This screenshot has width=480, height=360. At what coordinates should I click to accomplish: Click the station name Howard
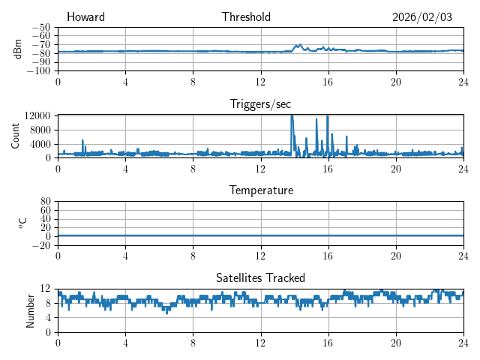pos(85,17)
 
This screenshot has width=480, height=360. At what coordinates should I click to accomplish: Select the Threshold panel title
pos(246,17)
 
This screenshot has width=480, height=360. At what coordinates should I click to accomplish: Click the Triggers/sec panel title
pos(260,104)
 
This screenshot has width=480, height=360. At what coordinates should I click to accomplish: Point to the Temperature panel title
pos(260,190)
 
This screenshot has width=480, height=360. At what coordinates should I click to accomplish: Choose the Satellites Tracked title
pos(260,277)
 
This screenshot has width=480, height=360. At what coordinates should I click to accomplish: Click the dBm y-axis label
pos(18,48)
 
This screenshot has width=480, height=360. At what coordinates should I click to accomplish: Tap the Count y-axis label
pos(16,135)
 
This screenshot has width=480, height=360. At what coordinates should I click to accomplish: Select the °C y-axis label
pos(22,222)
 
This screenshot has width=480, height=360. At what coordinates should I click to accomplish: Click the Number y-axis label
pos(31,309)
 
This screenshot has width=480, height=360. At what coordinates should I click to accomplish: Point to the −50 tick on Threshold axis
pos(41,27)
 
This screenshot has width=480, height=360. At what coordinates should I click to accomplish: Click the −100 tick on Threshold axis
pos(39,71)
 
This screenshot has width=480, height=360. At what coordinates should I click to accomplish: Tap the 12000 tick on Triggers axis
pos(37,115)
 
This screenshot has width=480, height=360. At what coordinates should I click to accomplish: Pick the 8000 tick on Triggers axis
pos(39,129)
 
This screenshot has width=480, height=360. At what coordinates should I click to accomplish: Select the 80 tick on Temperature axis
pos(45,202)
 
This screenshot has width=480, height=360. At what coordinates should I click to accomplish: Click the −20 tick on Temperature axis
pos(41,245)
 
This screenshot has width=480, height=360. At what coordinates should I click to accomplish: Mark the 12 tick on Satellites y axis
pos(45,289)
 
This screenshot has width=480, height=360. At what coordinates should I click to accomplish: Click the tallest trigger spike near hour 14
pos(292,117)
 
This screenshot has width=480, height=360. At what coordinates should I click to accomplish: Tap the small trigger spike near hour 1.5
pos(82,141)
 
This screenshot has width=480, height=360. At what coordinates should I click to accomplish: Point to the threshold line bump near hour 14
pos(300,45)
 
